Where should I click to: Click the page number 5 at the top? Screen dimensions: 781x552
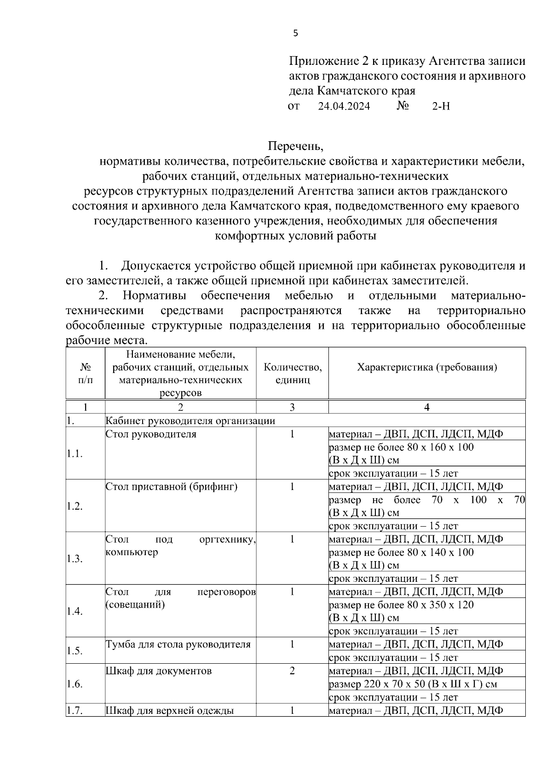click(295, 33)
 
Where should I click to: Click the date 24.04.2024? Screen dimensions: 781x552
click(344, 106)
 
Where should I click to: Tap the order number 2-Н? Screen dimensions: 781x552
click(441, 106)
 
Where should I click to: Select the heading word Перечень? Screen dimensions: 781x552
click(296, 146)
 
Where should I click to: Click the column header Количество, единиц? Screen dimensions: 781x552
click(293, 373)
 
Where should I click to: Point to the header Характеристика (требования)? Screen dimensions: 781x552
click(427, 367)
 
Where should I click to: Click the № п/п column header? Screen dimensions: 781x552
click(86, 373)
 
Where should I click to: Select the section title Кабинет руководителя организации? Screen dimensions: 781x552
click(190, 420)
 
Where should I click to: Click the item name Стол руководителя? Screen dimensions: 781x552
click(151, 434)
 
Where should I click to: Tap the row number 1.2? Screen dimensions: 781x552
click(75, 506)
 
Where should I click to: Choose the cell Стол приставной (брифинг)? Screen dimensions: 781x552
click(172, 487)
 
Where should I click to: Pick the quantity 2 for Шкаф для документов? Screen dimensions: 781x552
click(292, 671)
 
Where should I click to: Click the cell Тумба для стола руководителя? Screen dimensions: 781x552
click(178, 644)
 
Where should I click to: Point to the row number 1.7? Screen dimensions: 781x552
click(75, 711)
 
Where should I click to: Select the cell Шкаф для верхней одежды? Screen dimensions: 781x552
click(170, 711)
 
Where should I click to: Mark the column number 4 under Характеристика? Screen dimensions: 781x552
click(427, 407)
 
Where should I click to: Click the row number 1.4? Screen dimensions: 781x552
click(75, 611)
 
